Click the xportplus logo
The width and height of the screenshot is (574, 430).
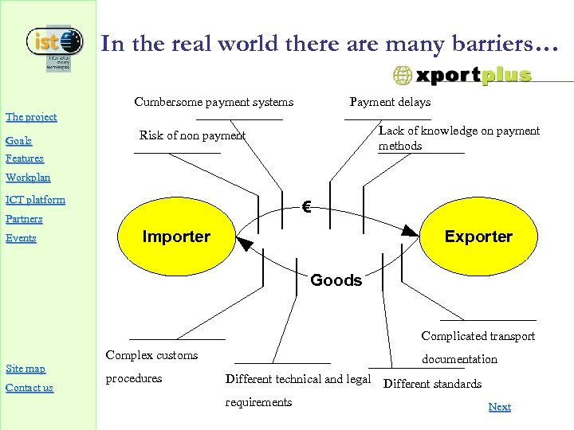click(462, 76)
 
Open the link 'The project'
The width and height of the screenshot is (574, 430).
click(31, 117)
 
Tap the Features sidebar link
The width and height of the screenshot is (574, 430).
click(25, 158)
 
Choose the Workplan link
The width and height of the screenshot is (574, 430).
click(28, 177)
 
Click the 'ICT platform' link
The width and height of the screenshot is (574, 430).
click(35, 199)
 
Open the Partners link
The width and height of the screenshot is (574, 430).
click(24, 218)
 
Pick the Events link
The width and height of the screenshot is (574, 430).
click(21, 237)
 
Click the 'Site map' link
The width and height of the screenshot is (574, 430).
click(26, 368)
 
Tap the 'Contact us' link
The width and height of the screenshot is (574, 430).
click(29, 388)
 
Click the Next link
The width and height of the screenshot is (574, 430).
click(499, 406)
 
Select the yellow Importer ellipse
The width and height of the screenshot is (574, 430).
click(175, 236)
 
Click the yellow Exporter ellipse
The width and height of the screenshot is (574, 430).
click(478, 236)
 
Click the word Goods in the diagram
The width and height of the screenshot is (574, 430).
click(336, 280)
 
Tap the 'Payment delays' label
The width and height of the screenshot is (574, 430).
click(390, 102)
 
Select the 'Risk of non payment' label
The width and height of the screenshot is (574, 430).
click(192, 135)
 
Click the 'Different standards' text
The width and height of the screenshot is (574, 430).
click(432, 384)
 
